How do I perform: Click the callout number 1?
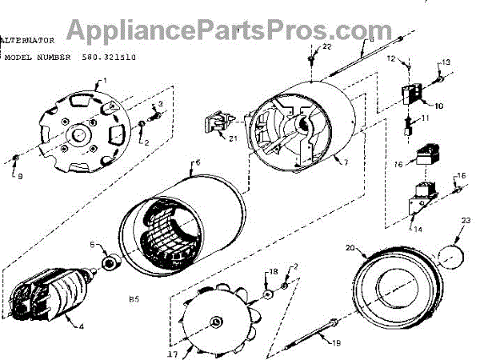[x=103, y=82]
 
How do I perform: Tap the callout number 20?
[x=349, y=247]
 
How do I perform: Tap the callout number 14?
[x=417, y=228]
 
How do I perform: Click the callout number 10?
[x=438, y=105]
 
